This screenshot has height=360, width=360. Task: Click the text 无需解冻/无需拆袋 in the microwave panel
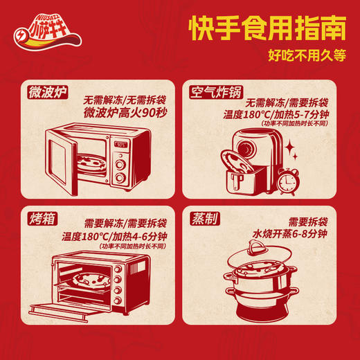pyautogui.click(x=122, y=99)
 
